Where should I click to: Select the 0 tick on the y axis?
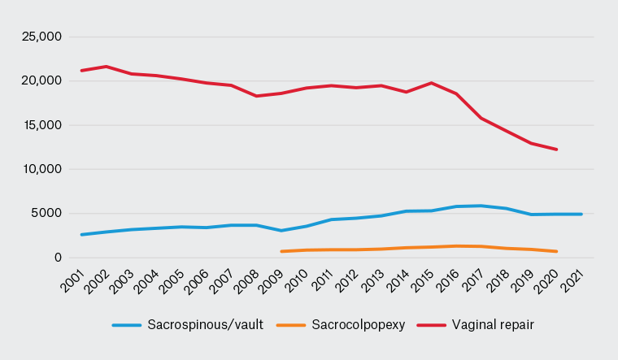tap(59, 258)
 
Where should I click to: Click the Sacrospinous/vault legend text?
tap(205, 325)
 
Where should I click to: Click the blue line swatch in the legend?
tap(127, 325)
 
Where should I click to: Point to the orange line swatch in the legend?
tap(289, 325)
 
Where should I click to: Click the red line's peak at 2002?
tap(107, 67)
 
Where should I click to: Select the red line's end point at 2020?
tap(556, 150)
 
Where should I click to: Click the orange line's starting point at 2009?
tap(281, 251)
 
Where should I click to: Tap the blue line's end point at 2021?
tap(581, 214)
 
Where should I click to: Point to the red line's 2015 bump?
tap(431, 83)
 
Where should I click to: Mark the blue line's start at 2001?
tap(81, 235)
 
